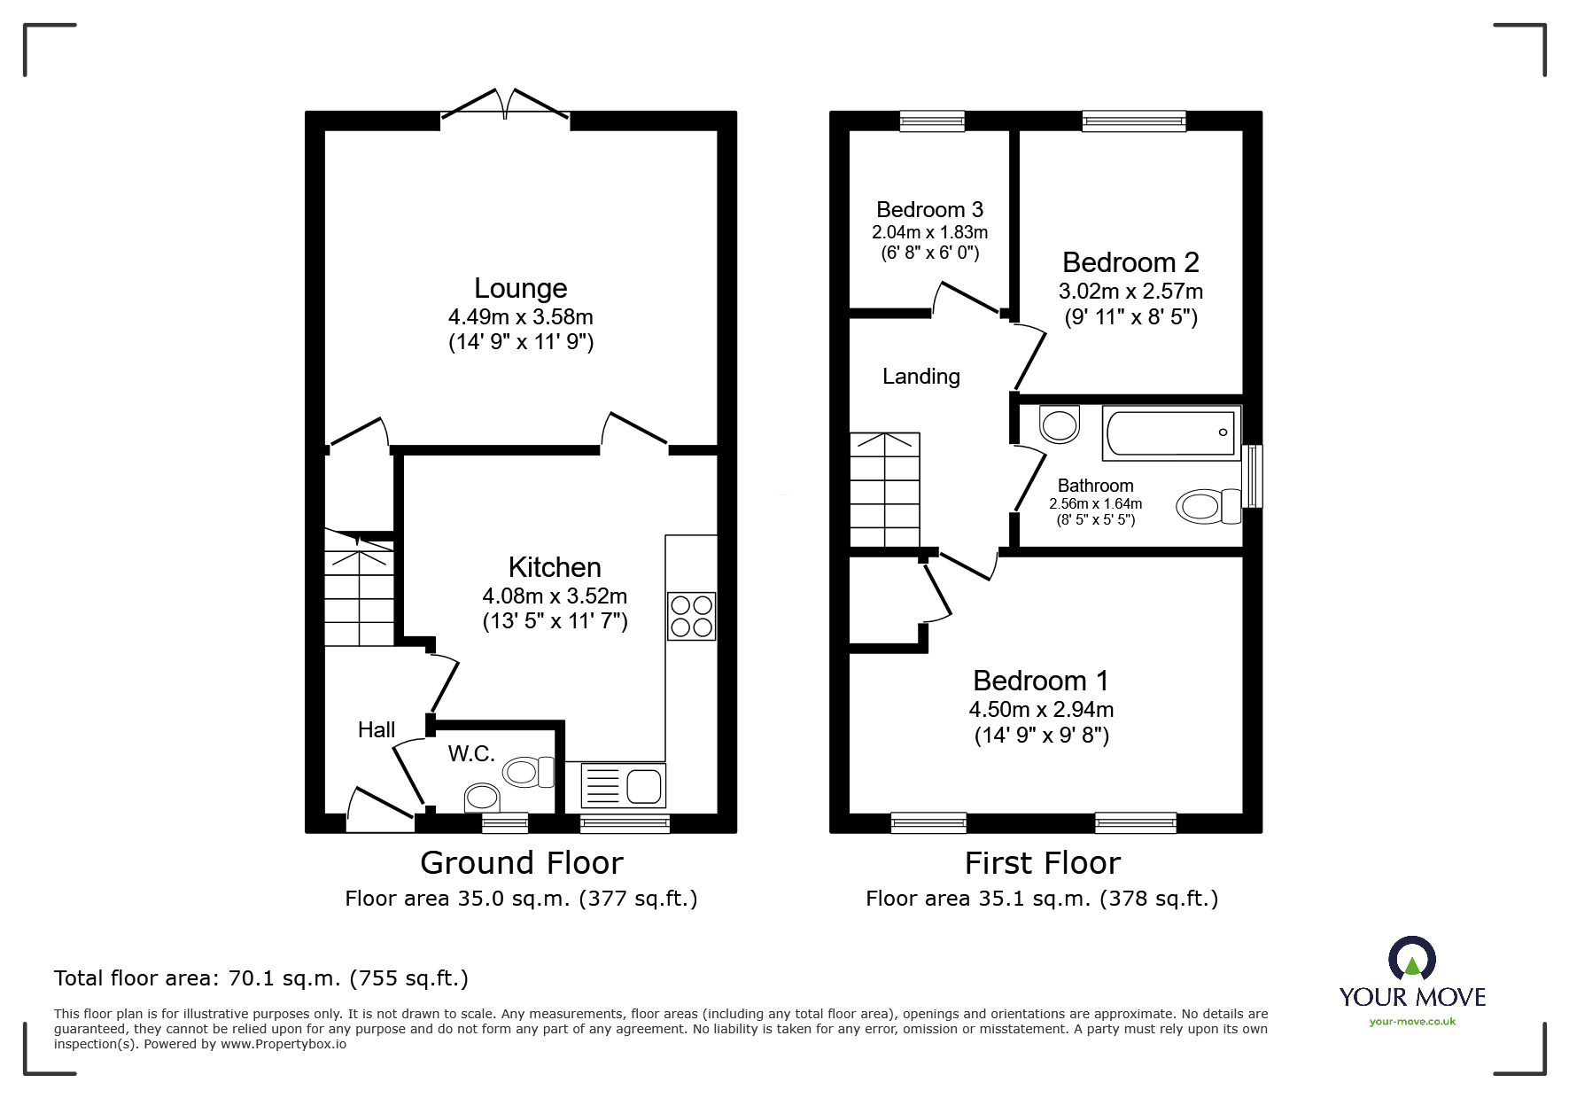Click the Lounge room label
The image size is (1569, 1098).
(x=520, y=288)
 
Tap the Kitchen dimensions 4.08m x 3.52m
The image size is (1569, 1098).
(x=555, y=596)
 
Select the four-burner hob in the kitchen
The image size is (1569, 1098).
(x=691, y=616)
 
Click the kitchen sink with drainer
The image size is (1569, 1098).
(x=623, y=785)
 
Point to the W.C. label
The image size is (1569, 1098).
(x=470, y=753)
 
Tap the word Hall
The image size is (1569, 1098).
(x=376, y=729)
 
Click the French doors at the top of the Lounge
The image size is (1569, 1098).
(x=505, y=105)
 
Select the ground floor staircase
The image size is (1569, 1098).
(x=359, y=588)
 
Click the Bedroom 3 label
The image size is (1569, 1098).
(x=928, y=210)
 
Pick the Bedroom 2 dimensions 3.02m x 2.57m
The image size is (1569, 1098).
(x=1130, y=291)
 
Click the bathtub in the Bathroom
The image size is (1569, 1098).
(x=1170, y=432)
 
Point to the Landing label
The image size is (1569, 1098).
(x=920, y=377)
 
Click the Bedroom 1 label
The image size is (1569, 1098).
(x=1040, y=681)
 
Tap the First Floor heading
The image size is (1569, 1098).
(x=1042, y=862)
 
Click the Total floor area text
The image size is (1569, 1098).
(x=260, y=978)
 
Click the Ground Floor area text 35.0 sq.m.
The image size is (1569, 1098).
(x=521, y=899)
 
